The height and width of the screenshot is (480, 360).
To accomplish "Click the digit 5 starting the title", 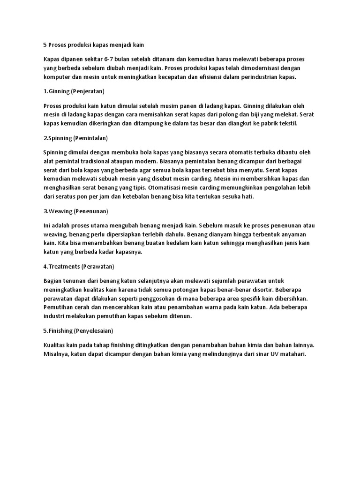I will click(x=45, y=45).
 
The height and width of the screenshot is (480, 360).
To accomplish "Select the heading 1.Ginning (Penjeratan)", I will click(x=74, y=90).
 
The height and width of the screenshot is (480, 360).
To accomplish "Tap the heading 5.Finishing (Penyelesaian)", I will click(x=78, y=330).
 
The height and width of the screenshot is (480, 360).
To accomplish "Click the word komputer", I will click(x=58, y=76).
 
